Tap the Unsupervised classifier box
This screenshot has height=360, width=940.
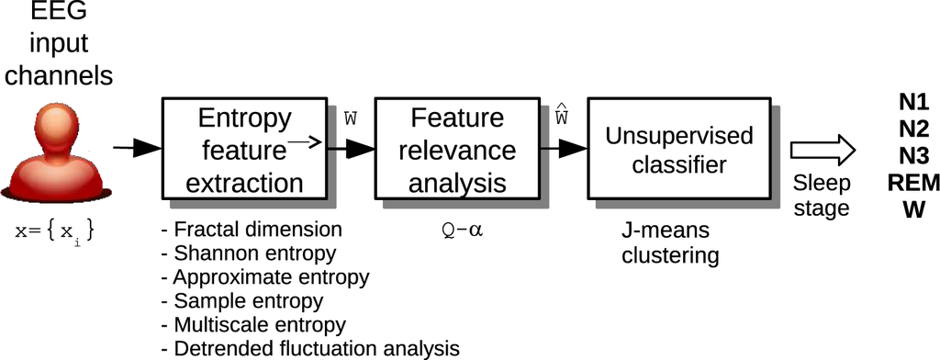click(678, 150)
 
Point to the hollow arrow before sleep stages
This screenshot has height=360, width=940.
click(823, 150)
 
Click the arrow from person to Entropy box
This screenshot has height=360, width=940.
click(135, 147)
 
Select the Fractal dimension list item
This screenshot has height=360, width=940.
click(251, 230)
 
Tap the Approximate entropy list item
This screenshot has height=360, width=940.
click(264, 277)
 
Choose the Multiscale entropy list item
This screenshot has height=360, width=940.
click(252, 325)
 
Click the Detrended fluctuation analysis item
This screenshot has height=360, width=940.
click(309, 349)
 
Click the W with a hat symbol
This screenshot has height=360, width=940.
click(562, 118)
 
